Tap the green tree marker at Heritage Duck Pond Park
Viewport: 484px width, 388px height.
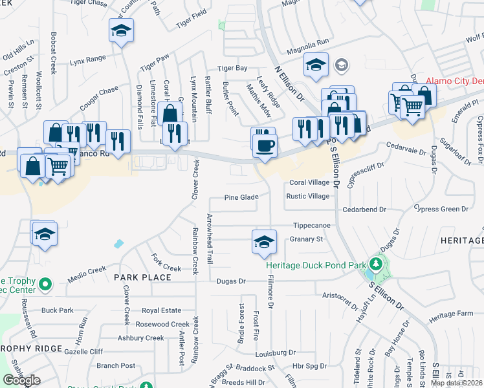click(375, 264)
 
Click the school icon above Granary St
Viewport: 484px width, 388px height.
click(263, 241)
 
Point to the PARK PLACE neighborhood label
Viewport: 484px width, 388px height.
click(142, 277)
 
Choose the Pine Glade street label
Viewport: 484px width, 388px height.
click(241, 197)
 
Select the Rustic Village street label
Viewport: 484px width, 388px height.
click(308, 197)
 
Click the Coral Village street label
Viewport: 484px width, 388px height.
click(309, 183)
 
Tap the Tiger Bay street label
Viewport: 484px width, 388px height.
click(232, 68)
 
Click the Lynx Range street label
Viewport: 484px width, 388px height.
click(87, 59)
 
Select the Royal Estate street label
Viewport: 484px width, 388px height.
click(161, 310)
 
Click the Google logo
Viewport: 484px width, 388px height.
click(21, 380)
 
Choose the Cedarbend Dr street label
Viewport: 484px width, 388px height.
click(364, 210)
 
